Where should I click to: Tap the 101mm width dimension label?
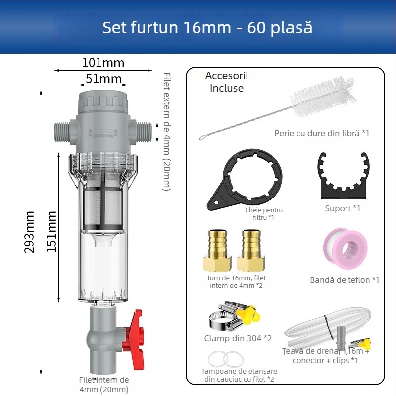click(103, 63)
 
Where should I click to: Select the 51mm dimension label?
click(103, 78)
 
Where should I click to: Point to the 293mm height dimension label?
click(30, 232)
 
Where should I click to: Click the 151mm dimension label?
click(52, 232)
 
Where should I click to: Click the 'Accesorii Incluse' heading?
click(227, 82)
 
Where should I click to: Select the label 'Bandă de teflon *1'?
click(345, 280)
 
